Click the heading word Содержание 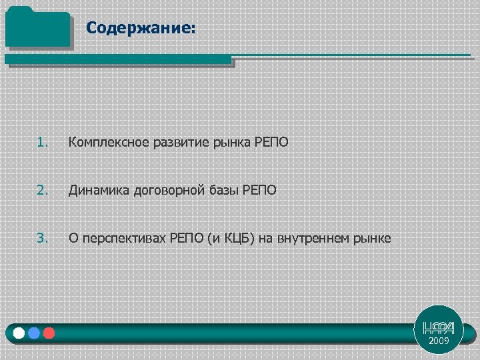140,28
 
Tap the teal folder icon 37,27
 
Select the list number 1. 43,142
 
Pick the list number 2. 43,190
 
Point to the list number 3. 43,238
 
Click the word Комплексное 102,142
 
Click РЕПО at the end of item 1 271,142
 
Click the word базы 217,190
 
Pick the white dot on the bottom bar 19,333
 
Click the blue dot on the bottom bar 34,333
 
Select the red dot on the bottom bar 49,333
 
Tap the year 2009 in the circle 439,341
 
